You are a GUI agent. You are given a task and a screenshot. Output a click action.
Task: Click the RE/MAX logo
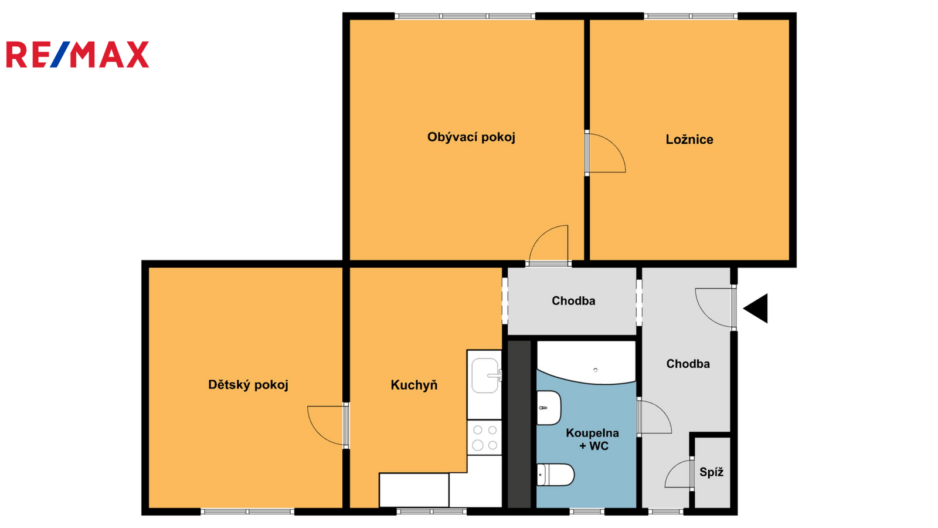tap(77, 55)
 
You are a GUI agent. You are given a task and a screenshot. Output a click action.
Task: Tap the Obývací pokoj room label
tap(471, 137)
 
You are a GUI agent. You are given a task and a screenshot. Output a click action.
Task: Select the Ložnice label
tap(689, 140)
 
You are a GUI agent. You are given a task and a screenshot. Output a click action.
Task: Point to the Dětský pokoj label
tap(249, 385)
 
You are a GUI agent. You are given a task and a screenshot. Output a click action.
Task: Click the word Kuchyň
tap(414, 385)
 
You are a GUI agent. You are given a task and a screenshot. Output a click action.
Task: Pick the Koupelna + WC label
tap(593, 439)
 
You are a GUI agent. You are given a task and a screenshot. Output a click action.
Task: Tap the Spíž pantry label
tap(712, 472)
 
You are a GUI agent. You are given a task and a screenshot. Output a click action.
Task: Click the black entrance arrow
tap(756, 309)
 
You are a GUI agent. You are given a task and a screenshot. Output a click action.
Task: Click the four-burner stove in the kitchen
tap(484, 438)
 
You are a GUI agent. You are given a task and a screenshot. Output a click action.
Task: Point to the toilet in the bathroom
tap(555, 475)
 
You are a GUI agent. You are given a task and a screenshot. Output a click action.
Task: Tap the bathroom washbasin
tap(549, 408)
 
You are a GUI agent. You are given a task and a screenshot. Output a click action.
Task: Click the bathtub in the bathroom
tap(586, 363)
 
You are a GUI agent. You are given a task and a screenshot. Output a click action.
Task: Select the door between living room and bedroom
tap(606, 153)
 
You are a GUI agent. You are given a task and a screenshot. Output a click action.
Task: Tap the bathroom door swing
tap(654, 417)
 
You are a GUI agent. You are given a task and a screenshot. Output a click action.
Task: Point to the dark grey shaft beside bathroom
tap(519, 424)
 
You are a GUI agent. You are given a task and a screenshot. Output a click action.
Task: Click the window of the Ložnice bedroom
tap(691, 16)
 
